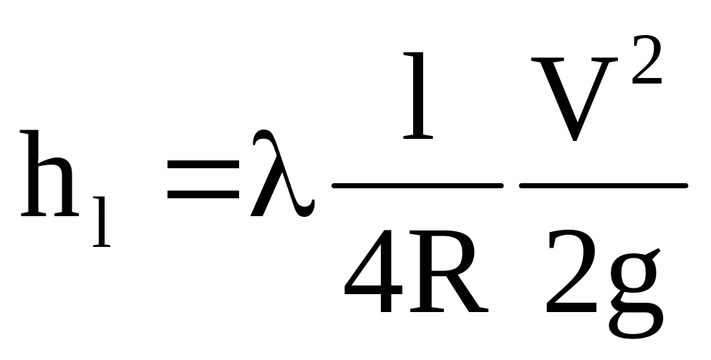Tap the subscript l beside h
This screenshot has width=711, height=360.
point(102,222)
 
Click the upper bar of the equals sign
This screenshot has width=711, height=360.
point(203,164)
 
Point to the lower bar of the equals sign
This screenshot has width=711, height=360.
point(203,195)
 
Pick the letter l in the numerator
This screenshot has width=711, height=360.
point(418,95)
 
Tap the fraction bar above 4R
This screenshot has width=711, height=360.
point(417,185)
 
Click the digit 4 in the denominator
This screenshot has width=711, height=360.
point(373,271)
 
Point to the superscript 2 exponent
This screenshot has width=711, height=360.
point(647,60)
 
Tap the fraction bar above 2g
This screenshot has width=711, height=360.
point(604,185)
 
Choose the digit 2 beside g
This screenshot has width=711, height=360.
point(571,271)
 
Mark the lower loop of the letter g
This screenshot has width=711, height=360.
point(636,325)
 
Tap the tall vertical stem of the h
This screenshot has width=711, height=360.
point(33,173)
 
